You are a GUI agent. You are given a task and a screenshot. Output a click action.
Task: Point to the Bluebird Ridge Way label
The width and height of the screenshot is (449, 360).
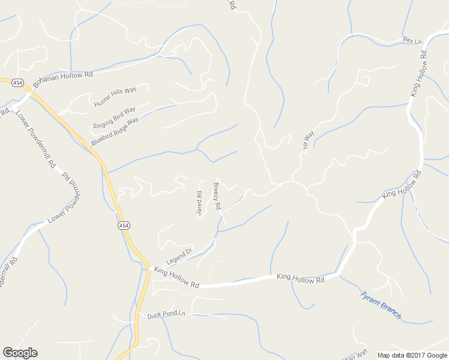[x=115, y=131]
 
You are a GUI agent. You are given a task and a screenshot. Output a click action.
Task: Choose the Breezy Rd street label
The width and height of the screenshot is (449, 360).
[x=217, y=196]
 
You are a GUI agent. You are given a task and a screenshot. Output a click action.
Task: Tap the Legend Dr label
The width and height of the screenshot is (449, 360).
[x=179, y=255]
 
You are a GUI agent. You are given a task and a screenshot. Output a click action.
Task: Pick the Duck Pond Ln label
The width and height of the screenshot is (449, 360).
[x=162, y=314]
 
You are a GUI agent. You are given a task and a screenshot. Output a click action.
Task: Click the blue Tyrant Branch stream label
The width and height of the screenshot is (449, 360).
[x=381, y=305]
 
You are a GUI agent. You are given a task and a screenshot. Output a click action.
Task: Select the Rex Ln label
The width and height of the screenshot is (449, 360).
[x=413, y=40]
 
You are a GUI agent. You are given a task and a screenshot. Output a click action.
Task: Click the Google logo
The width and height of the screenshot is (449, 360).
[x=20, y=353]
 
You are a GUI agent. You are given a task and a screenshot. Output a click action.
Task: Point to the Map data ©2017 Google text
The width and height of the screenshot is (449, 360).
[x=412, y=355]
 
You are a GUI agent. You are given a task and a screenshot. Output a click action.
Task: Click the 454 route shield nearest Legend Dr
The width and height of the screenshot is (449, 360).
[x=123, y=225]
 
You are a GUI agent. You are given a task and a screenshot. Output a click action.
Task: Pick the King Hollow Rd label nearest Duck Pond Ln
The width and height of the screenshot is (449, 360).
[x=176, y=277]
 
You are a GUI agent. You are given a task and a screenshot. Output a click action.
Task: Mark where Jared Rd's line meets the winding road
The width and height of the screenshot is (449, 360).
[x=200, y=181]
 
